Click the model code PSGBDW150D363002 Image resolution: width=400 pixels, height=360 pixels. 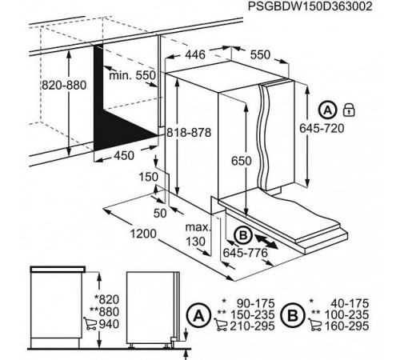(x=323, y=8)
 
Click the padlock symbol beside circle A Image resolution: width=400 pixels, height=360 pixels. (x=348, y=108)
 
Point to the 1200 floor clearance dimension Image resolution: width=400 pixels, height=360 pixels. (x=141, y=233)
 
